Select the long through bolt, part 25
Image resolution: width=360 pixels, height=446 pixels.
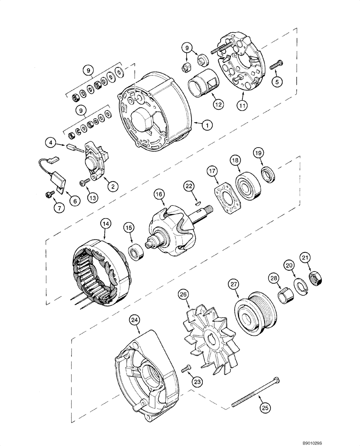point(255,392)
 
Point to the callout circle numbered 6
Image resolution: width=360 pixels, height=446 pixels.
point(74,201)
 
